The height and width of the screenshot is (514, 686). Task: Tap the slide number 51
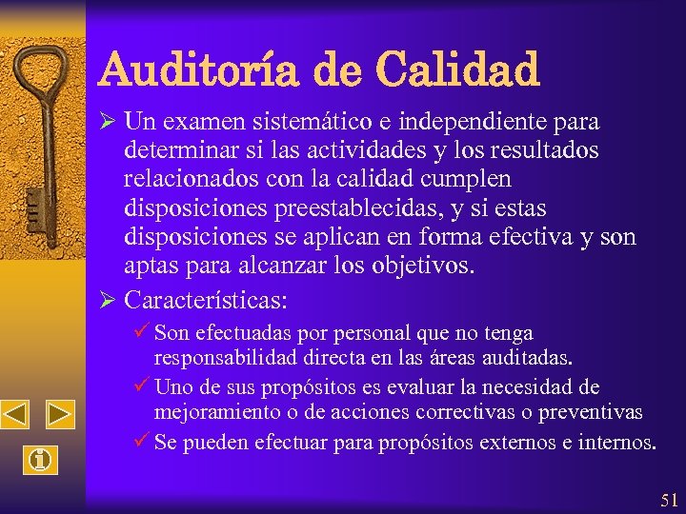(x=668, y=500)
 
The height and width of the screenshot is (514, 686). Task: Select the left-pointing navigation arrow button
(x=16, y=415)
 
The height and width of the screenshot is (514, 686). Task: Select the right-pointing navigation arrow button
(x=60, y=415)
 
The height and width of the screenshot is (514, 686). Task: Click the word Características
(x=205, y=300)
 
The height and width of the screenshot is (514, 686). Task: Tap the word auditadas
(x=529, y=359)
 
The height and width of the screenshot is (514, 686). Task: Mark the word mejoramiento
(x=214, y=412)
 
